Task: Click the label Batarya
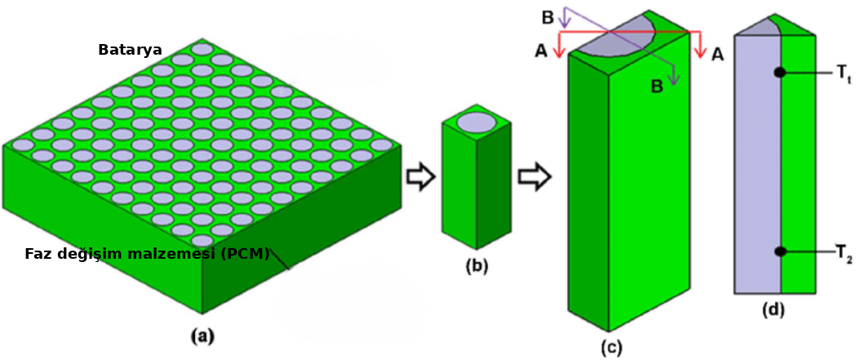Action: coord(130,50)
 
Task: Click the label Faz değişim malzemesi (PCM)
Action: coord(147,254)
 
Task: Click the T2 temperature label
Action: coord(844,252)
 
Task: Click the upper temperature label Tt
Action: coord(844,73)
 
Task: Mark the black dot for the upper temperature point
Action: coord(780,73)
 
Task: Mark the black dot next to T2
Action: coord(780,251)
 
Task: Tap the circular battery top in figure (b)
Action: coord(476,122)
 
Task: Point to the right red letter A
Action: coord(717,54)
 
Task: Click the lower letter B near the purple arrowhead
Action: coord(656,87)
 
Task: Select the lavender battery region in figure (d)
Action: coord(758,163)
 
